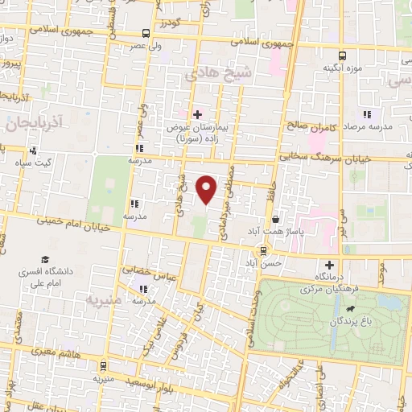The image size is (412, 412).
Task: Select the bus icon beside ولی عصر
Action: [146, 33]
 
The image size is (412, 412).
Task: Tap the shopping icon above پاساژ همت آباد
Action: [276, 218]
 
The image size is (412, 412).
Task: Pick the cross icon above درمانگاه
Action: [328, 265]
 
